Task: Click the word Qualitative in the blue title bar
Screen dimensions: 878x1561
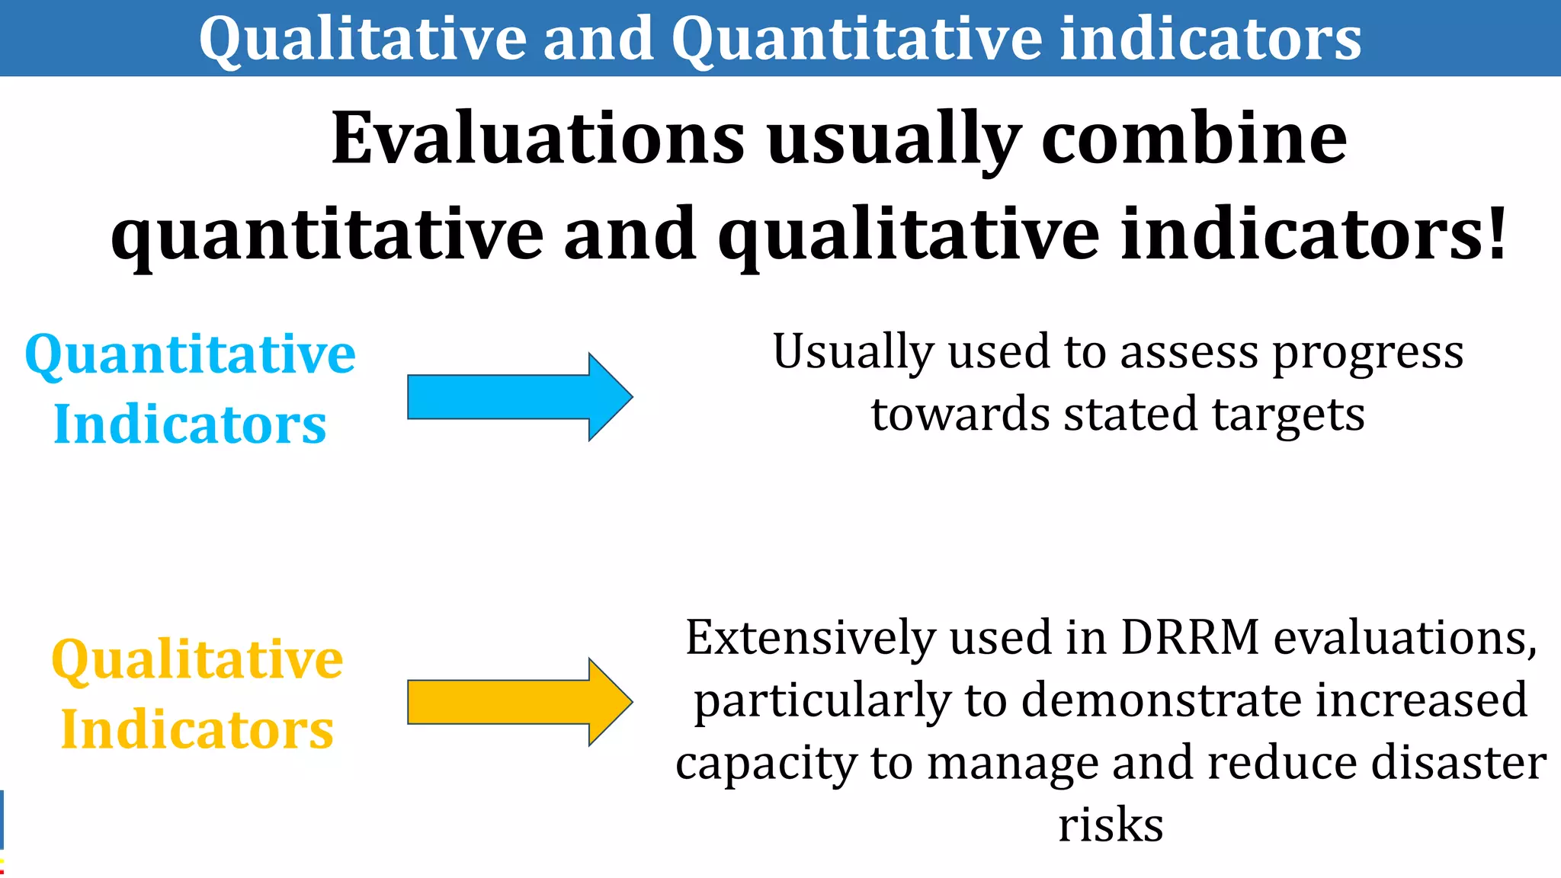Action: coord(363,40)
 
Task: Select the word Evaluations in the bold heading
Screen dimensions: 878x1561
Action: coord(537,139)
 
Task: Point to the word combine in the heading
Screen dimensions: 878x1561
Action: coord(1194,139)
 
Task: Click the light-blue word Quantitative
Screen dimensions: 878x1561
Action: coord(191,355)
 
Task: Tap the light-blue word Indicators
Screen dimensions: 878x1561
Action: coord(191,424)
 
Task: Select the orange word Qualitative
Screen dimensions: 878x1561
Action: coord(197,660)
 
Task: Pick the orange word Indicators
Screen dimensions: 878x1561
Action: coord(197,729)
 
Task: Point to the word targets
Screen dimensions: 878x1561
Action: coord(1288,415)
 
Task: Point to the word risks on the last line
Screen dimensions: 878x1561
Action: coord(1111,825)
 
